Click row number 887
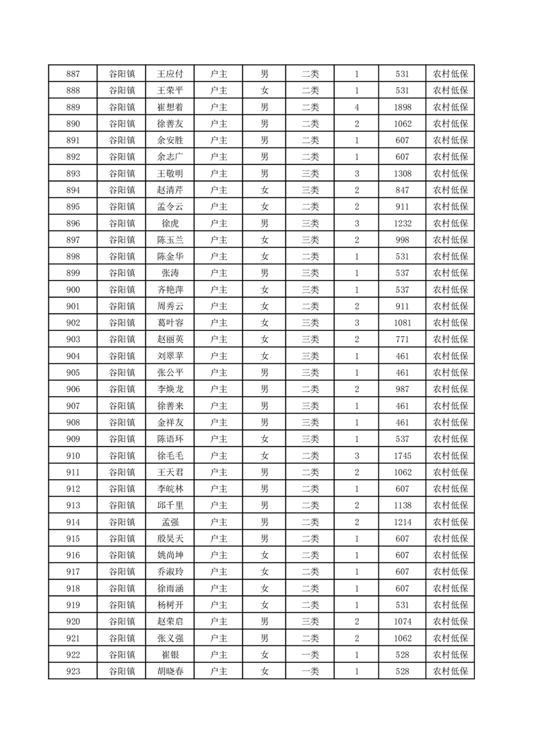(x=73, y=74)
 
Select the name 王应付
(x=170, y=74)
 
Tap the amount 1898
(x=403, y=107)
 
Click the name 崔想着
(x=170, y=107)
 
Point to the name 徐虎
(x=170, y=223)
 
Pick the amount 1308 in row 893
(x=403, y=173)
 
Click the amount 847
(x=403, y=190)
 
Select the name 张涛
(x=170, y=273)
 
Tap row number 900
(x=73, y=290)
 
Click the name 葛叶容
(x=170, y=323)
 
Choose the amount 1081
(x=403, y=323)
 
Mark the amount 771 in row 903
(x=403, y=339)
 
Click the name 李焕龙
(x=170, y=389)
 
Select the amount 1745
(x=403, y=455)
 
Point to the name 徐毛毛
(x=170, y=455)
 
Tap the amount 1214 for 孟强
(x=403, y=522)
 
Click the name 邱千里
(x=170, y=505)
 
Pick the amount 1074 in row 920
(x=403, y=621)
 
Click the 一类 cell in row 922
(x=310, y=654)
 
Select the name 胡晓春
(x=170, y=671)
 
